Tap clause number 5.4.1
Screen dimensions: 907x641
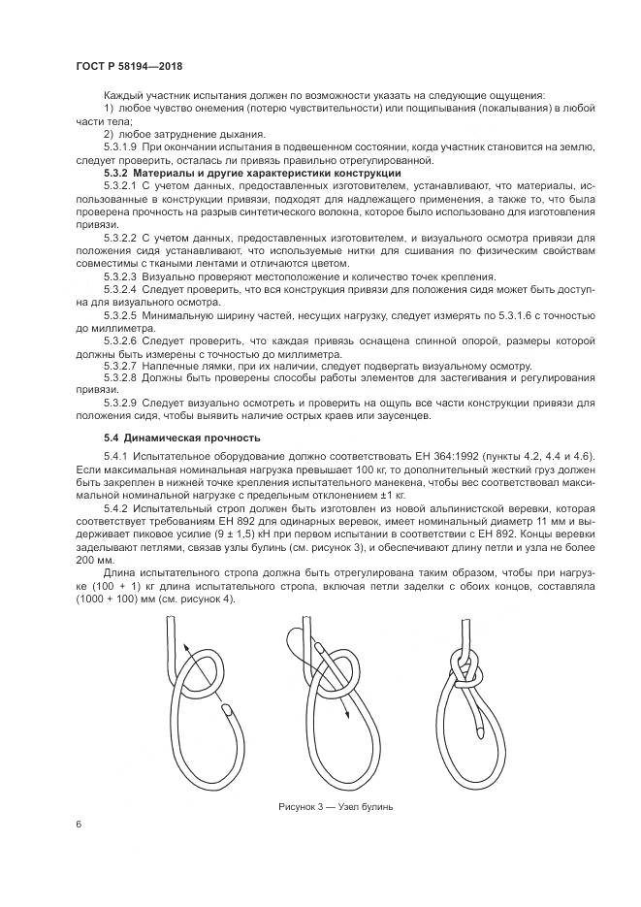pos(115,456)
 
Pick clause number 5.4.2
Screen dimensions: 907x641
pos(115,507)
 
